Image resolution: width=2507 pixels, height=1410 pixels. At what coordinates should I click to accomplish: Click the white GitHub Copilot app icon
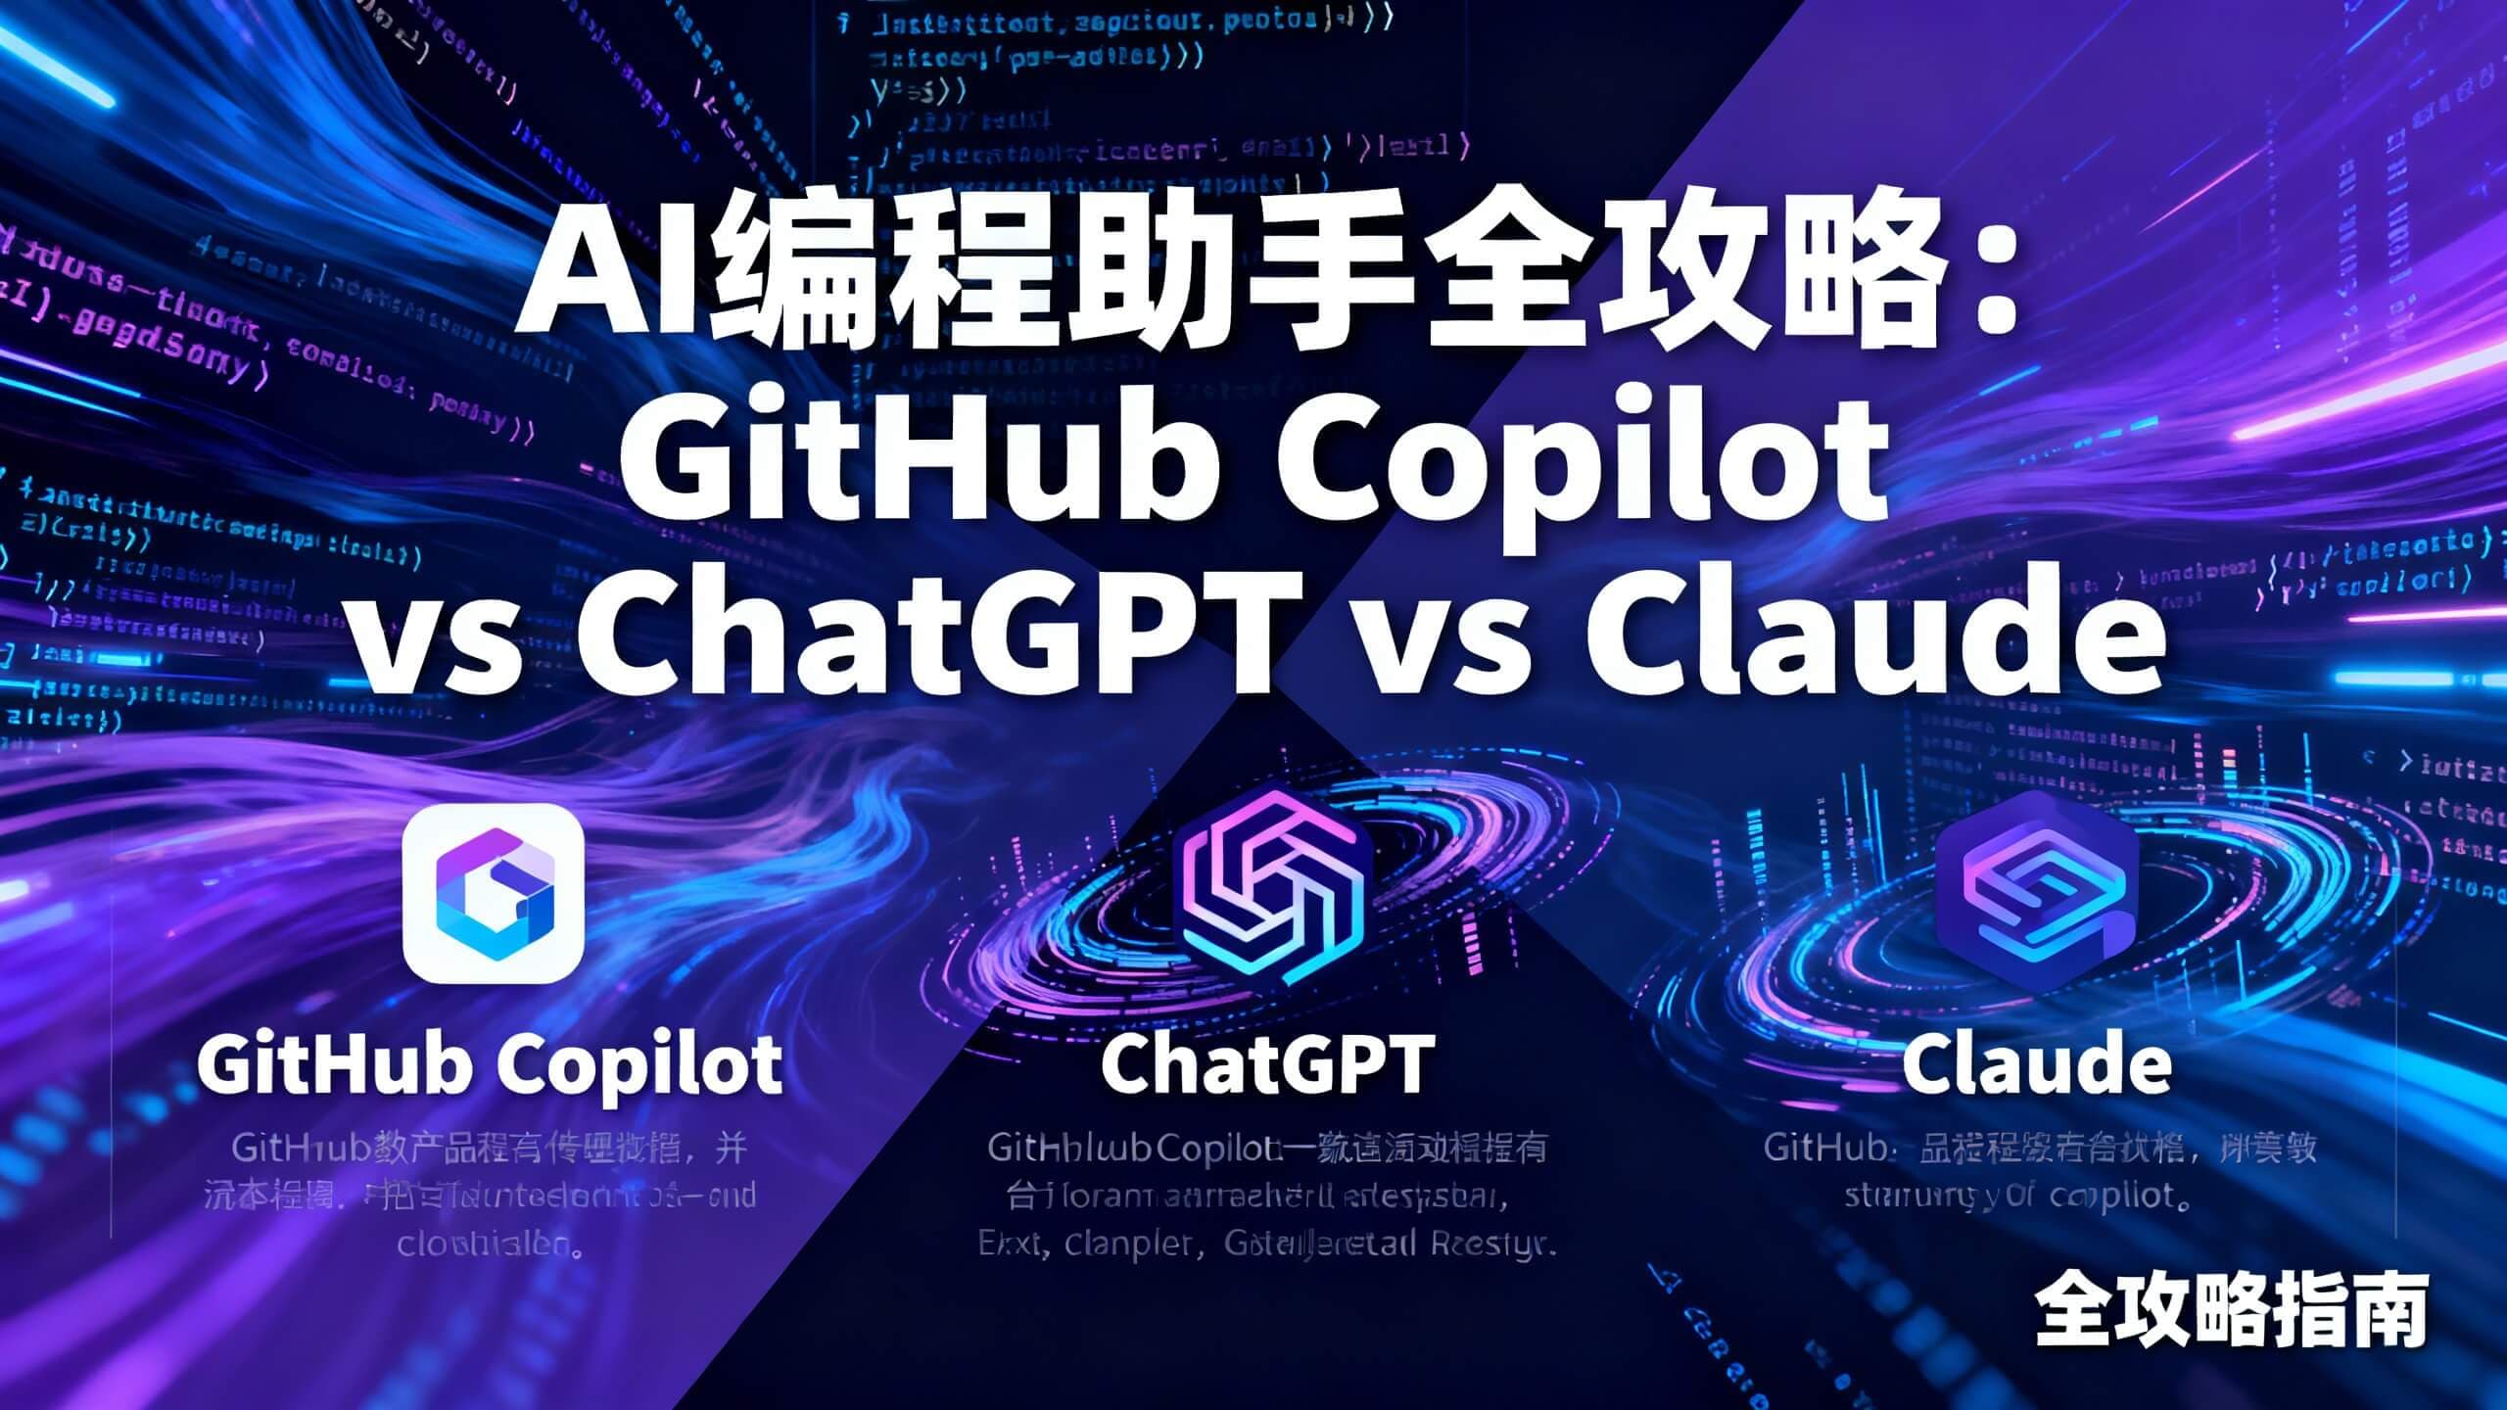tap(494, 893)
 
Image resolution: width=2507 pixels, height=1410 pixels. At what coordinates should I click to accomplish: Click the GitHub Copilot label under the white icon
tap(490, 1064)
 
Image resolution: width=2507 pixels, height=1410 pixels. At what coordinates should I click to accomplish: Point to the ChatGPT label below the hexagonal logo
tap(1268, 1064)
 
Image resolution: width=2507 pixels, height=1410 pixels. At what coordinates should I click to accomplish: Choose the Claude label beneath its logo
tap(2037, 1064)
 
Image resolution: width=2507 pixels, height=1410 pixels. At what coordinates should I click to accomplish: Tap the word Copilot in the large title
tap(1582, 460)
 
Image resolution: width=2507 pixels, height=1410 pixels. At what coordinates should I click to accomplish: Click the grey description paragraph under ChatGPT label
tap(1268, 1197)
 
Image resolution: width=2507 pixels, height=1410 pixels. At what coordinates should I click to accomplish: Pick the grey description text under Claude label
tap(2039, 1172)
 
